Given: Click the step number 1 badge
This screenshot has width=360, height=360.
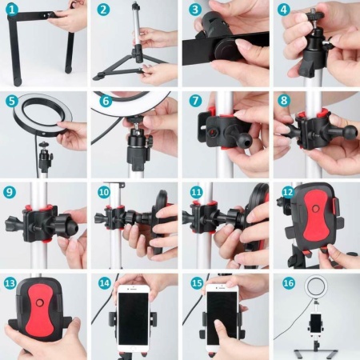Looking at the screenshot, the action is pos(12,10).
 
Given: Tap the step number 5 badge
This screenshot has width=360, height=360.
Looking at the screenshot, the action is pos(12,101).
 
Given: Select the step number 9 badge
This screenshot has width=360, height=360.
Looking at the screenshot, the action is pos(10,192).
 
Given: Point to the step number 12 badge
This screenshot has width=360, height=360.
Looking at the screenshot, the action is pos(288,192).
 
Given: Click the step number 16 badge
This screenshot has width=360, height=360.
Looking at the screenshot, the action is pos(289,283).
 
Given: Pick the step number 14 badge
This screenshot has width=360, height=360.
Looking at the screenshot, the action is pos(105,283).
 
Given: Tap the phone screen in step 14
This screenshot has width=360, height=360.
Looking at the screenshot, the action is pos(134,318).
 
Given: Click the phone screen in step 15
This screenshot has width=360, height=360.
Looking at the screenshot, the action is pos(222,318).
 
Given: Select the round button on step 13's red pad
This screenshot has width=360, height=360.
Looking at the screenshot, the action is pos(40,302).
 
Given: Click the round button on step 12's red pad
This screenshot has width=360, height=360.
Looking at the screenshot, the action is pos(315,208).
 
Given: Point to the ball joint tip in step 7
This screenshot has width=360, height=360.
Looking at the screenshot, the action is pos(245,140).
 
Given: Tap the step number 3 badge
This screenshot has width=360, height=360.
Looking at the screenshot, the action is pos(195,10).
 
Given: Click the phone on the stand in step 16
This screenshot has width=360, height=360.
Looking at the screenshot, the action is pos(316,323).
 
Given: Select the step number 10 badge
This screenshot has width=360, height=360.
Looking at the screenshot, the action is pos(104,192).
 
